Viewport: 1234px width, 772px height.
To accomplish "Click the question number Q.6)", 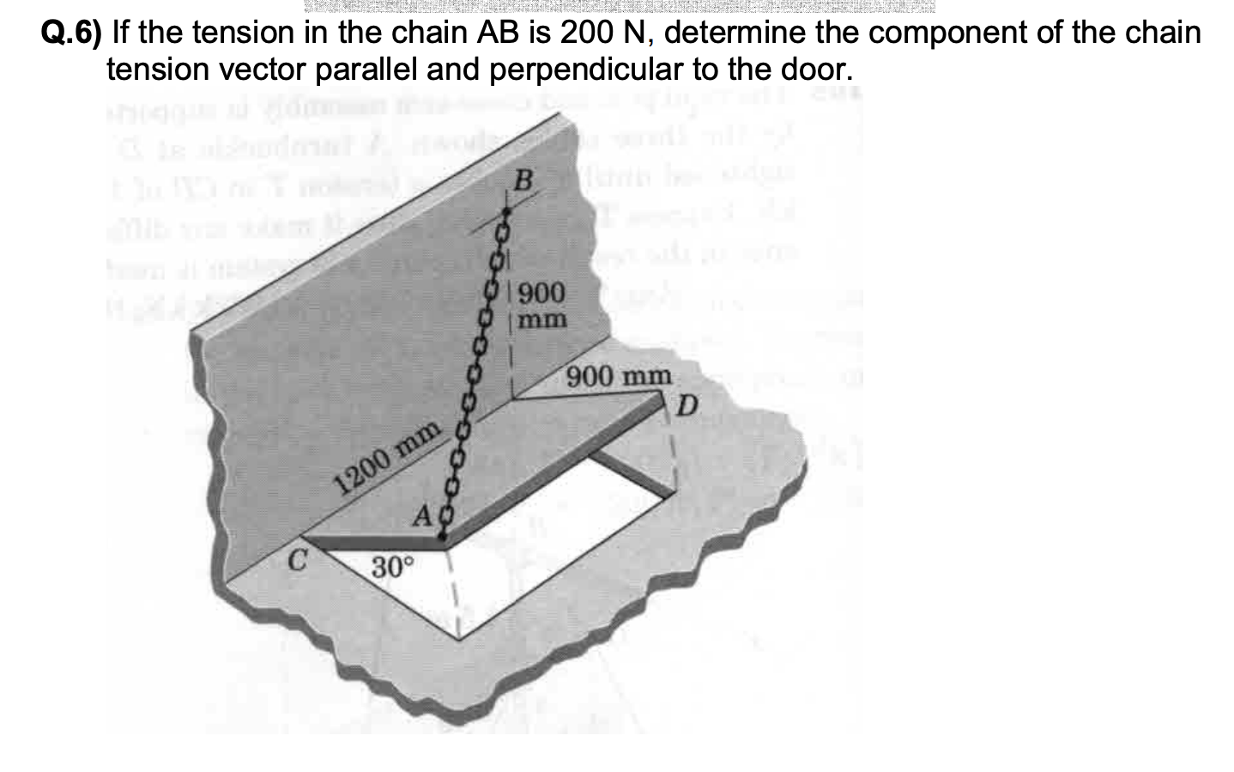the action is [x=71, y=33].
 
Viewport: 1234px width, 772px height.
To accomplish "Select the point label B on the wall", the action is [x=523, y=183].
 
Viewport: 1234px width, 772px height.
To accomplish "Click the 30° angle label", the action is [x=393, y=568].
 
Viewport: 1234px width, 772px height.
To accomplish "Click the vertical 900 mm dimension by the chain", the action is [x=543, y=306].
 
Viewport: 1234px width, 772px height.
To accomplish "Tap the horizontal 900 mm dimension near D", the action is [x=619, y=376].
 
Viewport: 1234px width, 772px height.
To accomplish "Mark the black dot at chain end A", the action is [x=441, y=538].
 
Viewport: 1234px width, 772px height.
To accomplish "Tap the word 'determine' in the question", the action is [x=729, y=33].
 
